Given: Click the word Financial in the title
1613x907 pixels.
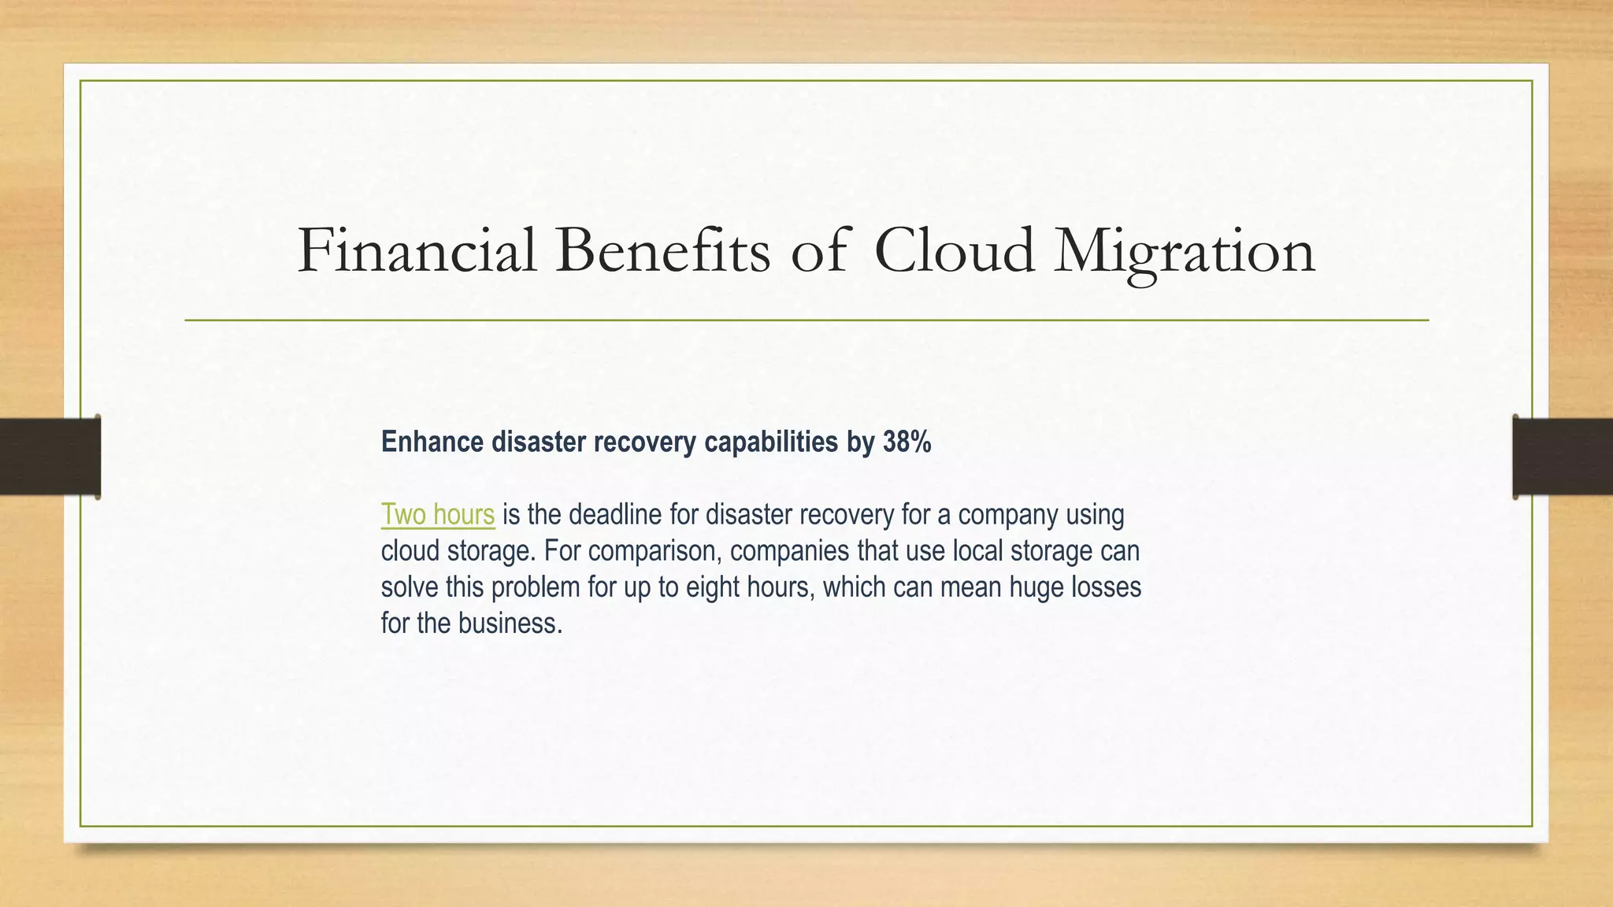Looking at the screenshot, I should tap(417, 251).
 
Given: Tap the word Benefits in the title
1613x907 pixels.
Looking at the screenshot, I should tap(662, 251).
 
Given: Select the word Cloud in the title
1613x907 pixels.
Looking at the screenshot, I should tap(954, 251).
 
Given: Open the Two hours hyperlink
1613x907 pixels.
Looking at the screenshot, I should tap(438, 515).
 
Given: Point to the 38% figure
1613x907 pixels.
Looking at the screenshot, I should tap(907, 442).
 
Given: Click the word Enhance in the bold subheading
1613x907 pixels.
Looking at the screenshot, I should tap(432, 442).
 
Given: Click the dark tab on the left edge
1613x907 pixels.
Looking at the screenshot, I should tap(50, 457).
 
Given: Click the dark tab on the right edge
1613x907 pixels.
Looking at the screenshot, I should tap(1563, 457).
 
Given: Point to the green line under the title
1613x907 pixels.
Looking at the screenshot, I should tap(806, 320).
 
